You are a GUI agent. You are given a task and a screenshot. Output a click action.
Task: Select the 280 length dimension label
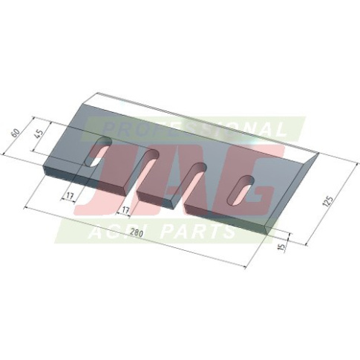click(137, 233)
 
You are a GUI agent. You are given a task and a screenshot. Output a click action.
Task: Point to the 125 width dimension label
click(329, 201)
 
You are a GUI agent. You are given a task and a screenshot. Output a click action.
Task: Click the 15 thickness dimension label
click(282, 246)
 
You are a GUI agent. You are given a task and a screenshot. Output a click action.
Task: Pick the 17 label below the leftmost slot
click(70, 196)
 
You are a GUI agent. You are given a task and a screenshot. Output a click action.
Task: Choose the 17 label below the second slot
click(125, 211)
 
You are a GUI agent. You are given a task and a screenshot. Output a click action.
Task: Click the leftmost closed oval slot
click(98, 152)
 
